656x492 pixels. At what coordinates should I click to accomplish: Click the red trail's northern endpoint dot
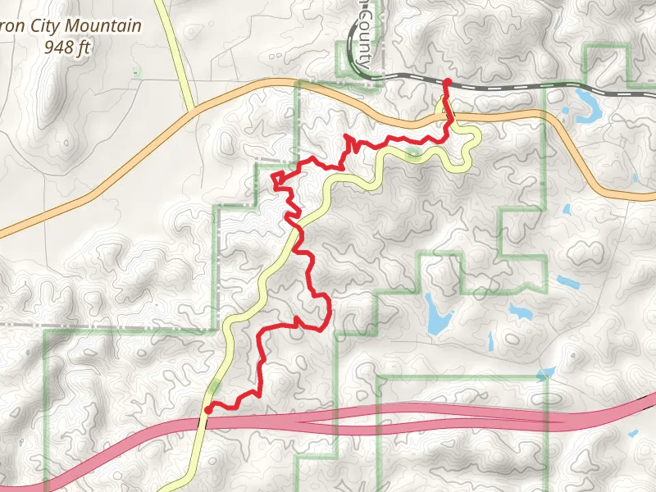pyautogui.click(x=447, y=82)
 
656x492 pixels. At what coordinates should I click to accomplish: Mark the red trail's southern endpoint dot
pyautogui.click(x=208, y=408)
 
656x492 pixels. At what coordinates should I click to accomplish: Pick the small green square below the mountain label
pyautogui.click(x=136, y=73)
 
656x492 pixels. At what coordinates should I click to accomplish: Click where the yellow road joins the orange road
pyautogui.click(x=192, y=110)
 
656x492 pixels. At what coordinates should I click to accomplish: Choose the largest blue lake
pyautogui.click(x=436, y=313)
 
